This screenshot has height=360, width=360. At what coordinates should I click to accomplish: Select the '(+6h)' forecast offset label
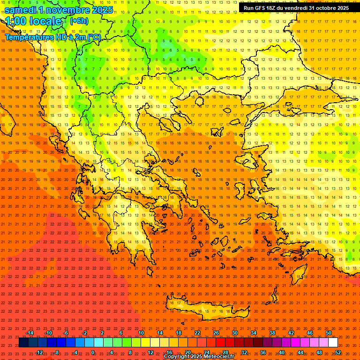pyautogui.click(x=79, y=21)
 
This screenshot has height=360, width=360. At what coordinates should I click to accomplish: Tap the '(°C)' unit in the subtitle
pyautogui.click(x=93, y=37)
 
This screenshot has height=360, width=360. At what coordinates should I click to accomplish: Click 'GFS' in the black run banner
pyautogui.click(x=263, y=8)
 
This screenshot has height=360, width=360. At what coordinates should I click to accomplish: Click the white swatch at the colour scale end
pyautogui.click(x=333, y=343)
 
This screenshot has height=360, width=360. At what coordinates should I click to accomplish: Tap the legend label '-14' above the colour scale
pyautogui.click(x=30, y=333)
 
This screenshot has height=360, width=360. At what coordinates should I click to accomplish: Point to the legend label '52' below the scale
pyautogui.click(x=338, y=352)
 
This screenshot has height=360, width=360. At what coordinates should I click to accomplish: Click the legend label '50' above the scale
pyautogui.click(x=329, y=333)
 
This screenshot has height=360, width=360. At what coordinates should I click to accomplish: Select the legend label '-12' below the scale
pyautogui.click(x=39, y=352)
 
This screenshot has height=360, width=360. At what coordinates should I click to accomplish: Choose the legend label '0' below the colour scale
pyautogui.click(x=93, y=352)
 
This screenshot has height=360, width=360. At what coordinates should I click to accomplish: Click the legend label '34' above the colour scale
pyautogui.click(x=254, y=333)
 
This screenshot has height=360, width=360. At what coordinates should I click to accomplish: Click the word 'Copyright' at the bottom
pyautogui.click(x=177, y=357)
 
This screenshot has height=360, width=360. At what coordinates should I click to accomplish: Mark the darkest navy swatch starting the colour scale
pyautogui.click(x=23, y=343)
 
